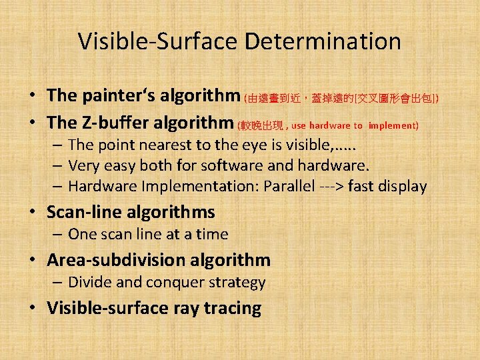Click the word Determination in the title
tap(323, 41)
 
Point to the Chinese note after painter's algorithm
tap(341, 98)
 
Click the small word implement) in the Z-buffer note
tap(393, 125)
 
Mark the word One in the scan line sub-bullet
tap(83, 235)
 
